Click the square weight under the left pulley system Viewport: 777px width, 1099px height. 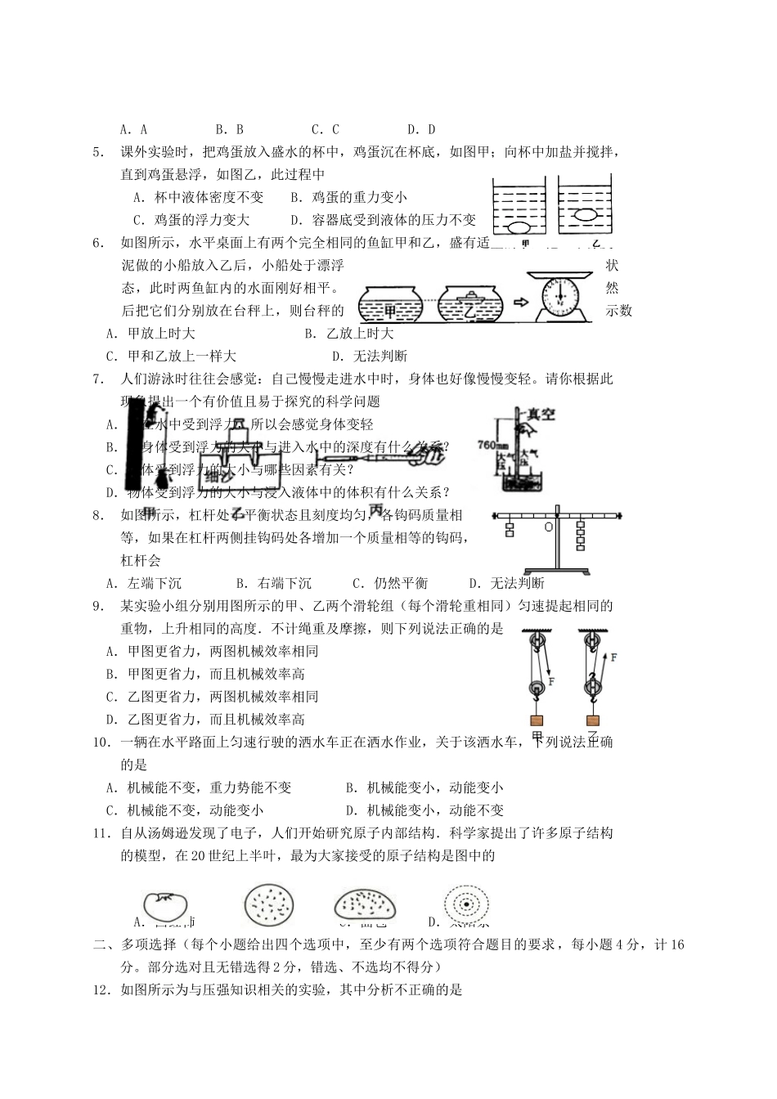(x=537, y=720)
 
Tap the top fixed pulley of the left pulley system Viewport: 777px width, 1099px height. (x=536, y=637)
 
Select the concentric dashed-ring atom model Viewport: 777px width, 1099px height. (x=465, y=905)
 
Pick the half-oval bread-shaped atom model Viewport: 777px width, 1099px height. (x=365, y=906)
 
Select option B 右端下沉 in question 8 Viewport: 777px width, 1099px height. (x=274, y=583)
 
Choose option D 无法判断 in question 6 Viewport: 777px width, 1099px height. (x=370, y=356)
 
